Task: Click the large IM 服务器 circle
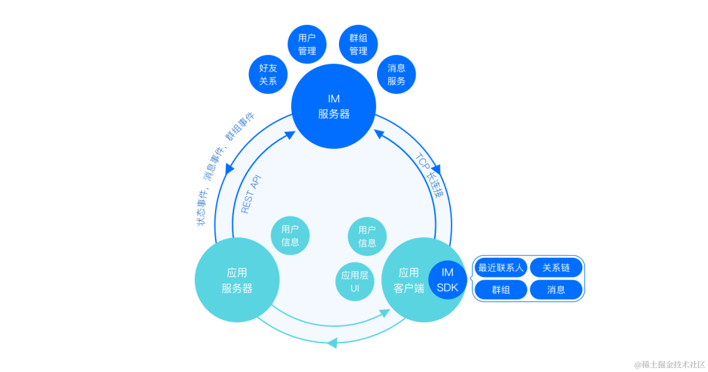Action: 334,106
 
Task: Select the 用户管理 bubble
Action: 307,45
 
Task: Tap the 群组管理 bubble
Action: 358,45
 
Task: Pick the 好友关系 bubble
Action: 268,74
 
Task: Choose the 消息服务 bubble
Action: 397,74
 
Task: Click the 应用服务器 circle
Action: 237,280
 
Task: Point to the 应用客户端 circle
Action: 410,280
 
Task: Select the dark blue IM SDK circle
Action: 448,280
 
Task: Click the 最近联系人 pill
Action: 501,268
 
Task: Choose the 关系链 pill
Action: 556,268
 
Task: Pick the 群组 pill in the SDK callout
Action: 501,289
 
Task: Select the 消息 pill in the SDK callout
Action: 556,289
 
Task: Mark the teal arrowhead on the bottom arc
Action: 332,342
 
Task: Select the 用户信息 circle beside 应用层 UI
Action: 367,236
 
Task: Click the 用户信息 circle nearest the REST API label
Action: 290,236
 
